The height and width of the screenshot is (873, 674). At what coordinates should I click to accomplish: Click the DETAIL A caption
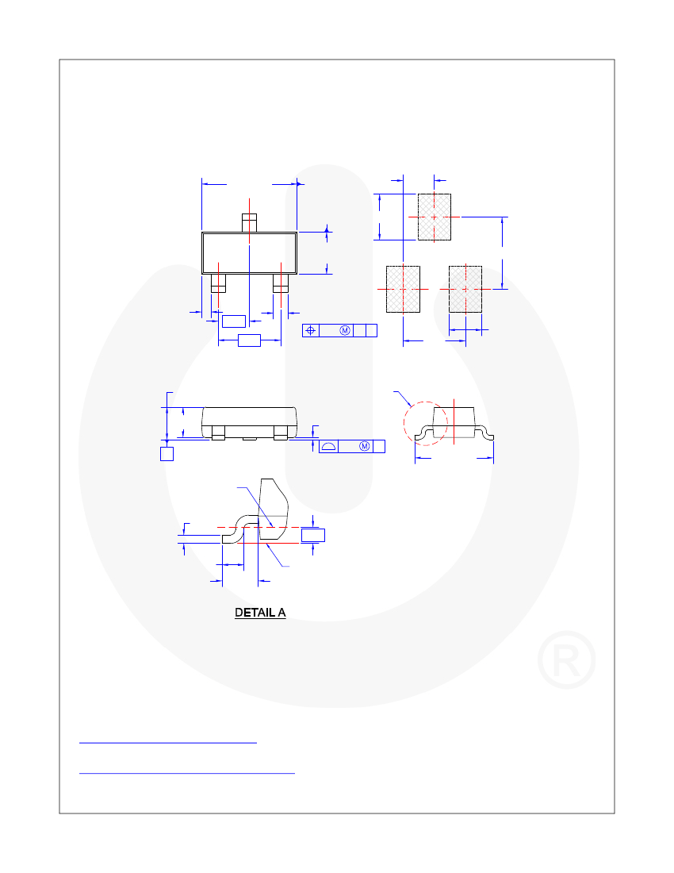[260, 613]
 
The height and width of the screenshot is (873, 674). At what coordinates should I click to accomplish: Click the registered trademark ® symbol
[566, 660]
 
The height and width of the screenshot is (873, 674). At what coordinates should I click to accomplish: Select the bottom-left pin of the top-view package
[218, 283]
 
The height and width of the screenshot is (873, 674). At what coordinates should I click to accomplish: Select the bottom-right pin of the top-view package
[281, 283]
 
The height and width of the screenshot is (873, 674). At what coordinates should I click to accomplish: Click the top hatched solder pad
[435, 217]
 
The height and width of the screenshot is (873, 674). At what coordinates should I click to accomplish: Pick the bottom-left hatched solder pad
[403, 289]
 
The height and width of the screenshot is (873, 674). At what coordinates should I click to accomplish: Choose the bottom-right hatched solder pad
[465, 289]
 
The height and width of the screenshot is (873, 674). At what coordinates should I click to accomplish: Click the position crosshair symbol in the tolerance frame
[310, 331]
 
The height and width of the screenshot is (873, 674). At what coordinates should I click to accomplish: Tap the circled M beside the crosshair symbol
[345, 331]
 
